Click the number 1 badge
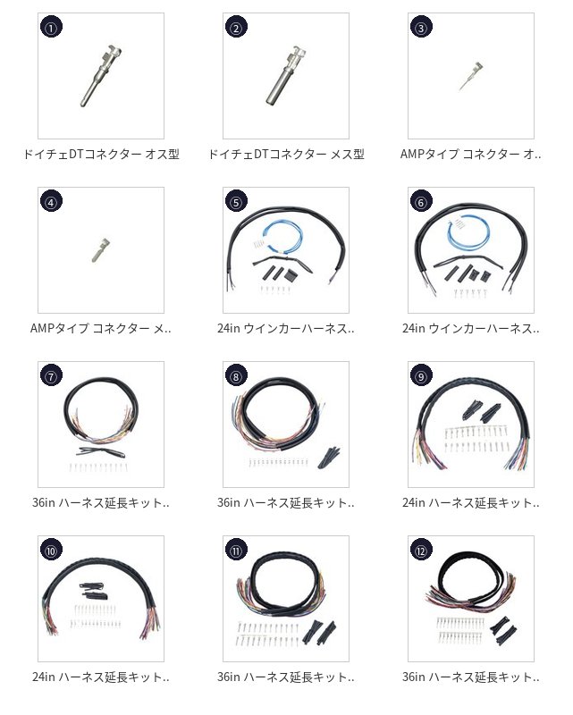point(52,27)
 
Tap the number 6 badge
point(421,202)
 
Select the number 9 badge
point(421,375)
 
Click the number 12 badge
point(421,551)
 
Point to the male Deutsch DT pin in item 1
point(101,76)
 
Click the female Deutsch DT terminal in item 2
point(286,76)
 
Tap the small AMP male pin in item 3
point(471,76)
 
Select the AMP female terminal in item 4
point(100,250)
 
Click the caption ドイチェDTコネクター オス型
point(101,154)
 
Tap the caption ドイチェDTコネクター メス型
point(286,154)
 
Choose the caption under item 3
point(471,154)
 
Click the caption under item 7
point(101,503)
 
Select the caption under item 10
point(101,677)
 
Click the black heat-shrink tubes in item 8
point(329,458)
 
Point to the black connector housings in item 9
point(481,411)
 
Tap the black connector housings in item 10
point(94,591)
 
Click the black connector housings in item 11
point(318,632)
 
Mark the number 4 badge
point(52,202)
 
